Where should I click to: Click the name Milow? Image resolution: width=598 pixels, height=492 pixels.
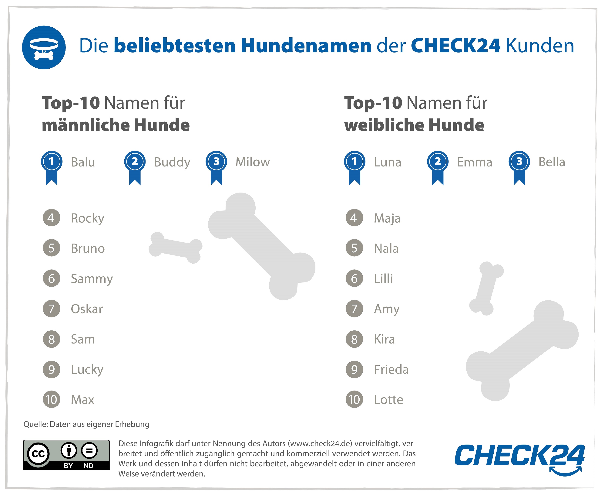pos(253,162)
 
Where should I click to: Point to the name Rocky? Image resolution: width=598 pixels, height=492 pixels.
pos(88,218)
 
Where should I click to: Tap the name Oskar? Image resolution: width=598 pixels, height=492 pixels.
pos(87,309)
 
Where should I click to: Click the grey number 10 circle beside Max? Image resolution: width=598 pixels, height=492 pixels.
pos(52,400)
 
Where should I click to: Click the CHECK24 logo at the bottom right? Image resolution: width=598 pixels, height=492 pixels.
pos(519,456)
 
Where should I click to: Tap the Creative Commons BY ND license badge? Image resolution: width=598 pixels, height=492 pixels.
pos(66,455)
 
